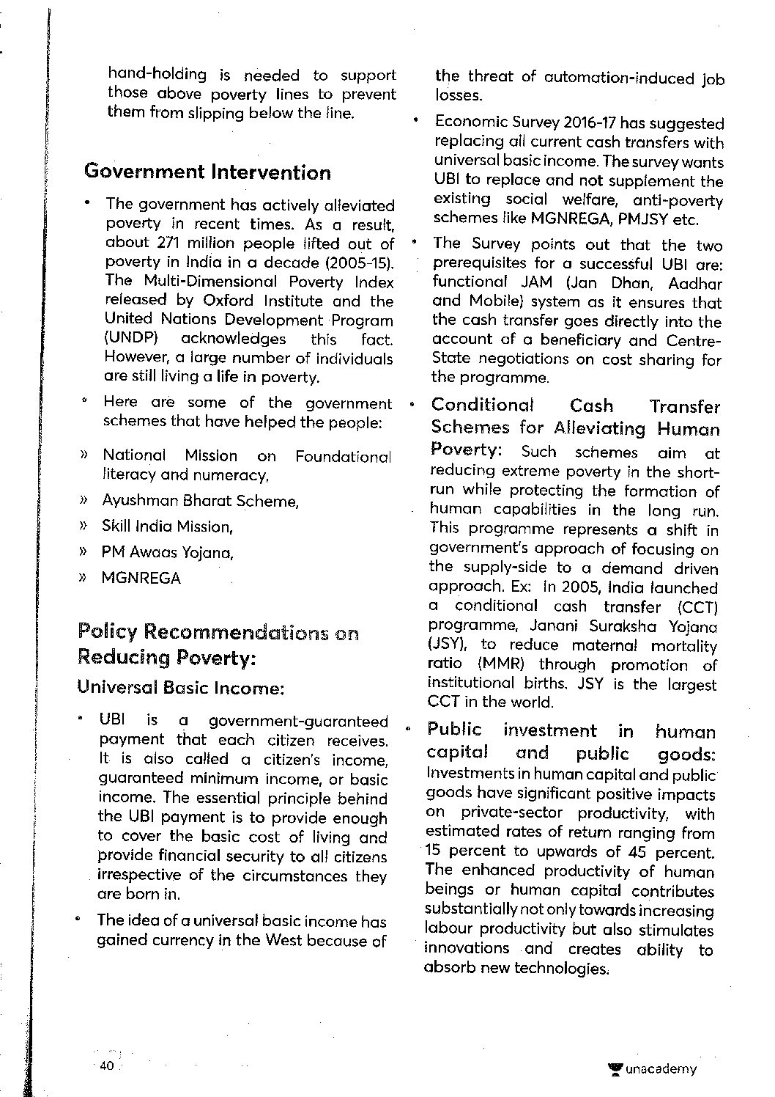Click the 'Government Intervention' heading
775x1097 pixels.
[207, 172]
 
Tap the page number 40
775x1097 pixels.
[106, 1065]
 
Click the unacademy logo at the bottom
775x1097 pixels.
[653, 1069]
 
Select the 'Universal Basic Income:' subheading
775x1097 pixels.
[180, 689]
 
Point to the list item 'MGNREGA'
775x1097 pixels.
[141, 578]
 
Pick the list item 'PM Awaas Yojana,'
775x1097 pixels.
[167, 552]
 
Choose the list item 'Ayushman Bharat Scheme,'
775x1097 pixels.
[200, 501]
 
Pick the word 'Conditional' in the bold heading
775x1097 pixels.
[483, 406]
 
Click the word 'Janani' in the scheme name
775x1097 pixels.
[555, 626]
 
